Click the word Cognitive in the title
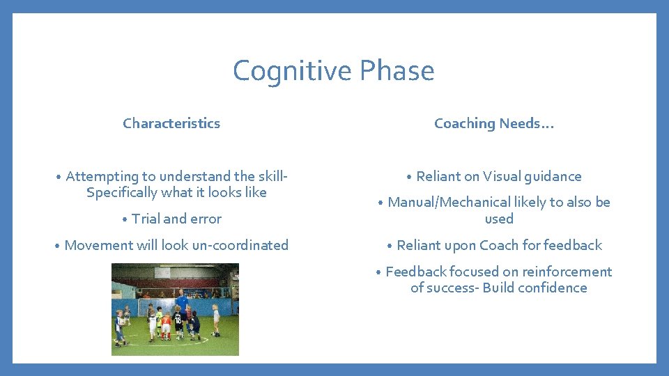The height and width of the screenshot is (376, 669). [x=292, y=71]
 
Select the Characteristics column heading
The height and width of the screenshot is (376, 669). [x=171, y=123]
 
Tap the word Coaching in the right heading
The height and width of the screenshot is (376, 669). [x=464, y=123]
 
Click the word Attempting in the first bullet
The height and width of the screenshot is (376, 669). [x=102, y=176]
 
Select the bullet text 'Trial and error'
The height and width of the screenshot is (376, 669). [x=176, y=219]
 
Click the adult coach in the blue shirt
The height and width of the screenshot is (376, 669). [x=181, y=301]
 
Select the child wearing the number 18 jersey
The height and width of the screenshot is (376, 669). [x=178, y=322]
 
